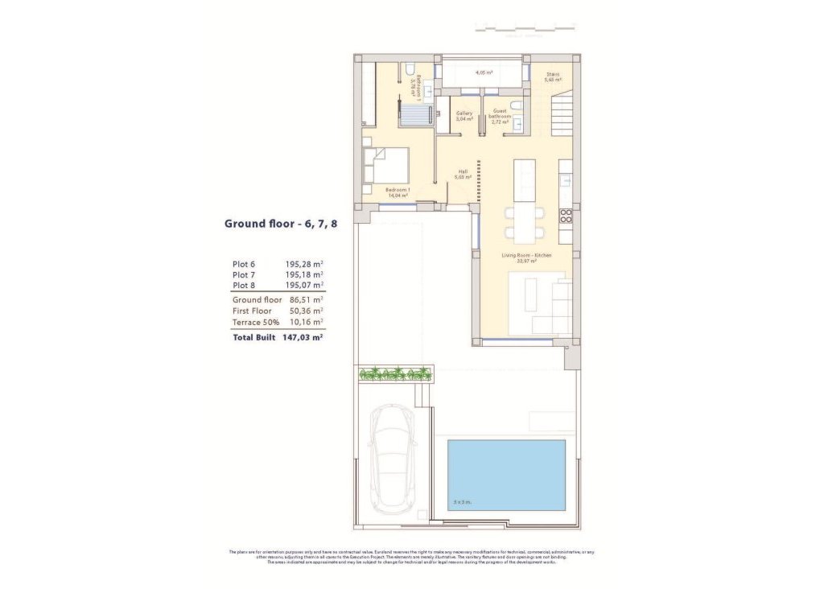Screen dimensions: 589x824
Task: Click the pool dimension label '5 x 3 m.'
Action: pos(462,503)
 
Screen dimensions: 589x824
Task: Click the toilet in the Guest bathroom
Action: pos(517,105)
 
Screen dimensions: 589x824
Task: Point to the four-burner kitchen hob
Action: pos(566,215)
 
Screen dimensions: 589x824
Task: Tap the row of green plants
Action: pos(395,373)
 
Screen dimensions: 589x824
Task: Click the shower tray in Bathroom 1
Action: pos(418,113)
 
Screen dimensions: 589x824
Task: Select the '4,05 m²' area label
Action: pos(484,72)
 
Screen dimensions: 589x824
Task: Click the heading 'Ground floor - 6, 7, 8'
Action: pos(280,224)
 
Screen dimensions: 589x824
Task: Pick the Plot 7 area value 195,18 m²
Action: pos(304,274)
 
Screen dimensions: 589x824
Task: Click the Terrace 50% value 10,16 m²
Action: pos(306,322)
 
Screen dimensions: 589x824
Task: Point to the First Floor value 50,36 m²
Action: pos(306,311)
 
